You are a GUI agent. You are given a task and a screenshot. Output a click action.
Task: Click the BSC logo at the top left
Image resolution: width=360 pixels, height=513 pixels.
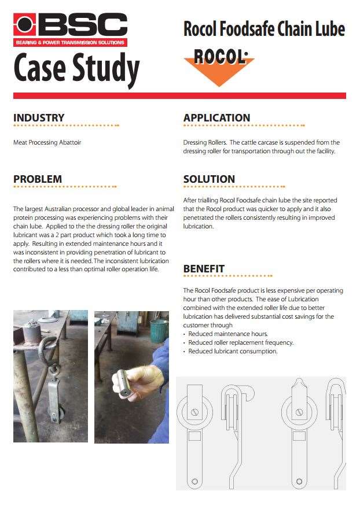pyautogui.click(x=70, y=25)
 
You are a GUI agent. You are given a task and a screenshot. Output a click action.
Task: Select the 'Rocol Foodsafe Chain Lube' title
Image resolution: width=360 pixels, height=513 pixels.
pyautogui.click(x=264, y=28)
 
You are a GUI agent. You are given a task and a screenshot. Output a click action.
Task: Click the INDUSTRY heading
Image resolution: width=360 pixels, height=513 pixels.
pyautogui.click(x=39, y=118)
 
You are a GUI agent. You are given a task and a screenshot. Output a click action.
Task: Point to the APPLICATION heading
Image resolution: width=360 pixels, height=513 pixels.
pyautogui.click(x=217, y=118)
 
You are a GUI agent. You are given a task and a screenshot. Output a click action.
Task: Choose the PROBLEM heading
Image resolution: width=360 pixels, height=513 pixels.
pyautogui.click(x=38, y=179)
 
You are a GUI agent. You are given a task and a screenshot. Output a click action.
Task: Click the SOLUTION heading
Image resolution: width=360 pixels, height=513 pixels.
pyautogui.click(x=209, y=179)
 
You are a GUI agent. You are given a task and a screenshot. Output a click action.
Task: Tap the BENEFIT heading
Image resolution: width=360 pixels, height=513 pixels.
pyautogui.click(x=204, y=269)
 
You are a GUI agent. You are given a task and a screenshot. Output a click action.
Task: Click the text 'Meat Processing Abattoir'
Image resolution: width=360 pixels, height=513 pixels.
pyautogui.click(x=47, y=142)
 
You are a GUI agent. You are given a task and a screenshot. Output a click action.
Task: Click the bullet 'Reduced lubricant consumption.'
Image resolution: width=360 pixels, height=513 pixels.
pyautogui.click(x=233, y=351)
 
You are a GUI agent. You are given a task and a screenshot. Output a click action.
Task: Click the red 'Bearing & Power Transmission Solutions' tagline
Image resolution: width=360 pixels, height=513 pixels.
pyautogui.click(x=70, y=43)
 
